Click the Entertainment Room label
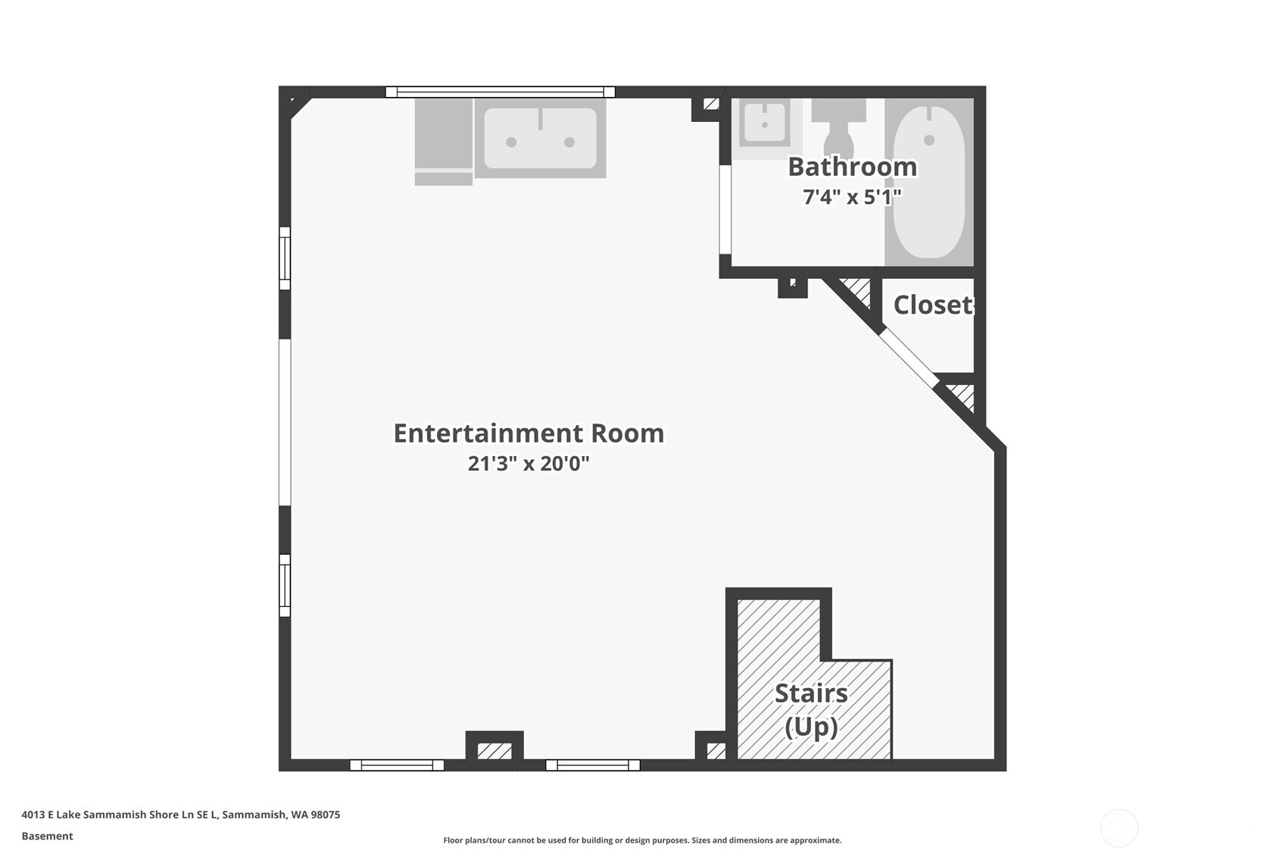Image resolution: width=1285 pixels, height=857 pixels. coord(529,433)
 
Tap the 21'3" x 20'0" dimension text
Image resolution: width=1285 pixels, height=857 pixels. coord(529,463)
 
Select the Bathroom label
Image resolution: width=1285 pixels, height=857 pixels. coord(852,167)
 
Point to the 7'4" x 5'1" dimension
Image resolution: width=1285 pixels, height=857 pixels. coord(852,197)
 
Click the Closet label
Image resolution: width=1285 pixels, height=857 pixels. coord(933,305)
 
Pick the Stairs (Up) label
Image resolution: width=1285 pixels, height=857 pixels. coord(811,710)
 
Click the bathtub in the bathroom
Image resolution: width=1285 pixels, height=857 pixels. coord(929,182)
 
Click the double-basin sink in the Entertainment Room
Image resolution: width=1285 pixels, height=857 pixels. coord(541,139)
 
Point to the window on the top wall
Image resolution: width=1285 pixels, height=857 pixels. coord(501,92)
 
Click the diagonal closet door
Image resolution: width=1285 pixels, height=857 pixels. coord(909,357)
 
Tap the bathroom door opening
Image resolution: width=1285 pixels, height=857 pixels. coord(725,210)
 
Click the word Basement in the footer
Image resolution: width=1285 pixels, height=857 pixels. coord(48,837)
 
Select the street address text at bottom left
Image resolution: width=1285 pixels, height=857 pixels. coord(181,815)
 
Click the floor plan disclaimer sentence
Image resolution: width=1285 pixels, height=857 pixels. coord(642,840)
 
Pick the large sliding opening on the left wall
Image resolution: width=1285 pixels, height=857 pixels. coord(285,423)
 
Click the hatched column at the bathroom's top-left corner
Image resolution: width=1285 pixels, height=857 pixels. coord(711,104)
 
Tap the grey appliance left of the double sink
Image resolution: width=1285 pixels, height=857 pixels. coord(444,142)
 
